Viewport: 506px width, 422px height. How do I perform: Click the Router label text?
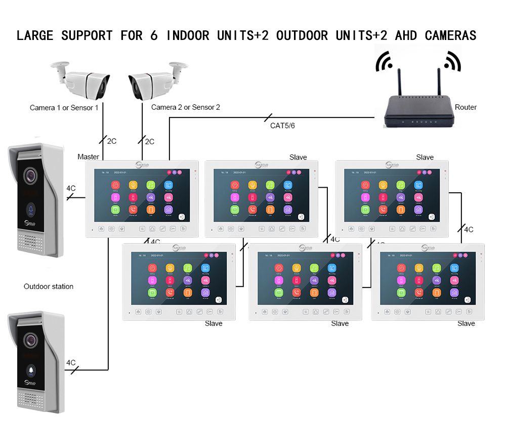coord(466,107)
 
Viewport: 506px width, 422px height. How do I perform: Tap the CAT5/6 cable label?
coord(282,125)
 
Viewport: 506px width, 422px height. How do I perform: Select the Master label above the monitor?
coord(88,157)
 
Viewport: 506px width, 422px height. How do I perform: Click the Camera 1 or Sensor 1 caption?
coord(64,108)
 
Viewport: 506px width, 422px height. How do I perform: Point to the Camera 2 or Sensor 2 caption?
coord(186,107)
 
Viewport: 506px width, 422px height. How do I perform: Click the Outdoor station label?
coord(49,286)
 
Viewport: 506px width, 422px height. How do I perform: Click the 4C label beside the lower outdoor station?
coord(71,363)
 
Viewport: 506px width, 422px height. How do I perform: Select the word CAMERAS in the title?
coord(450,35)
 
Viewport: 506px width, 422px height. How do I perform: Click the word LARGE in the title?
coord(35,35)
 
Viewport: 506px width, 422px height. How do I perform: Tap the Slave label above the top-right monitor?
coord(425,157)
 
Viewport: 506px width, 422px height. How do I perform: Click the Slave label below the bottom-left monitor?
coord(214,323)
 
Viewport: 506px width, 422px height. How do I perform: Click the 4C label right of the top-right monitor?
coord(469,229)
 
